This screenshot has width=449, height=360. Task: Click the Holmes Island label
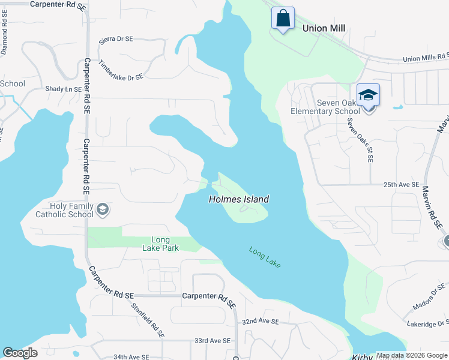[x=238, y=199]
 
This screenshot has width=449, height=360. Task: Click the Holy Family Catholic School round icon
[x=103, y=209]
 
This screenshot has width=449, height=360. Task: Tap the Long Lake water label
[x=265, y=257]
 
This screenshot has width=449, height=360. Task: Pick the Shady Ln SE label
[x=63, y=89]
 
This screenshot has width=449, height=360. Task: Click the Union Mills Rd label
[x=426, y=57]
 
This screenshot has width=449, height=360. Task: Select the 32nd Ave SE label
[x=261, y=322]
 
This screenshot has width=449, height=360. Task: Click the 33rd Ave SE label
[x=212, y=340]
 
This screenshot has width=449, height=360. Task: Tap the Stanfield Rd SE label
[x=149, y=319]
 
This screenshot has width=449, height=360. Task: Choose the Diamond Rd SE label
[x=4, y=39]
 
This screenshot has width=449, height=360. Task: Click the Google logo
[x=20, y=353]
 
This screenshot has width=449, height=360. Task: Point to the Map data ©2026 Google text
[x=412, y=355]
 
